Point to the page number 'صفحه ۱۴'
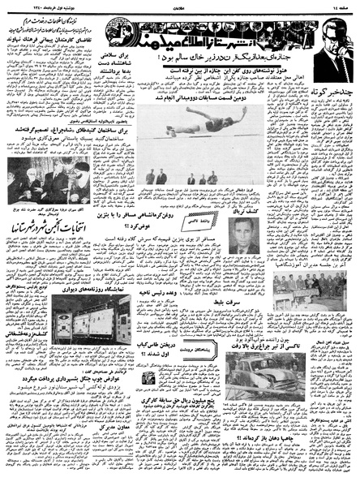(341, 6)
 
